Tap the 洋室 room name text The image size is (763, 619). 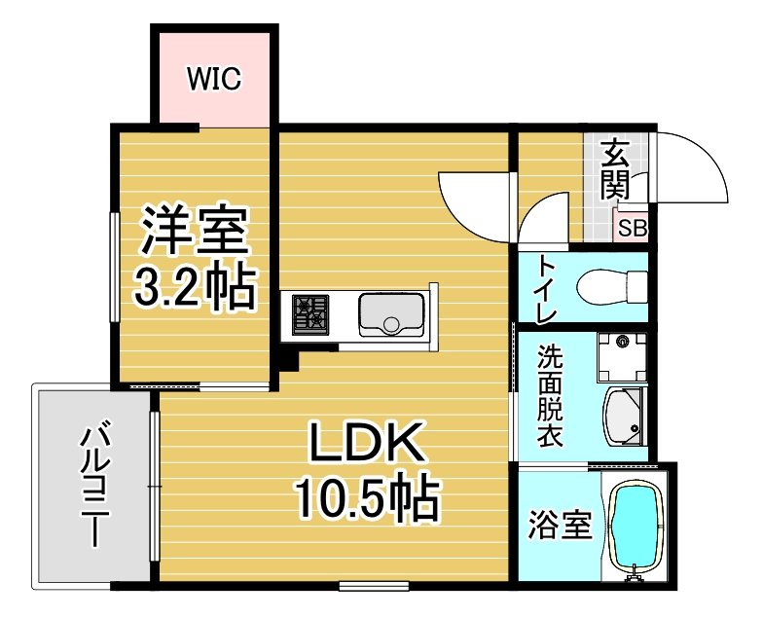[195, 231]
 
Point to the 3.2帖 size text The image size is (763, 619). [195, 288]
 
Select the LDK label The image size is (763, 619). [366, 442]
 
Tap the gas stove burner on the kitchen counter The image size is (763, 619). [310, 314]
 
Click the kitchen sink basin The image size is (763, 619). [391, 315]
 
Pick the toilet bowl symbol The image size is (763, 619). [611, 286]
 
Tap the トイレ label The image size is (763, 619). [546, 289]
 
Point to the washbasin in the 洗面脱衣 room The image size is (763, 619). [625, 417]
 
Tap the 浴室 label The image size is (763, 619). [561, 525]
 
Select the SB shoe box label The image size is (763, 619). [633, 228]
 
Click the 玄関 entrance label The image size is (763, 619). [615, 169]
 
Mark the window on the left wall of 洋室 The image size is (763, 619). [115, 267]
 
